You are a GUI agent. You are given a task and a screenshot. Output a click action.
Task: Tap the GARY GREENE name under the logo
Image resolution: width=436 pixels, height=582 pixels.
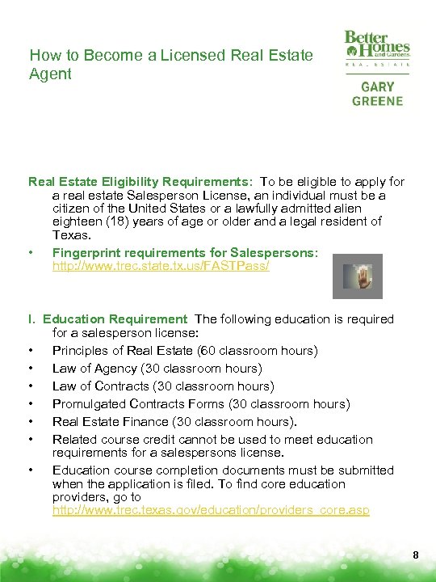pyautogui.click(x=377, y=94)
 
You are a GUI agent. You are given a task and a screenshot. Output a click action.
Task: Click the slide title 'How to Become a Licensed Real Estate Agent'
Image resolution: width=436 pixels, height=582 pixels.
pyautogui.click(x=170, y=65)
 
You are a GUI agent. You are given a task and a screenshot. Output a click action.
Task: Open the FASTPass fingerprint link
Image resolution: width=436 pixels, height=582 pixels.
pyautogui.click(x=161, y=266)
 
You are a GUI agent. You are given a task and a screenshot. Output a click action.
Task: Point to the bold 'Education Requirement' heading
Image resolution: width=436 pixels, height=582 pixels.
pyautogui.click(x=115, y=319)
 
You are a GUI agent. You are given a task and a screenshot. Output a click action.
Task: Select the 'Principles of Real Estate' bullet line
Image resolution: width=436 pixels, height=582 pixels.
pyautogui.click(x=185, y=350)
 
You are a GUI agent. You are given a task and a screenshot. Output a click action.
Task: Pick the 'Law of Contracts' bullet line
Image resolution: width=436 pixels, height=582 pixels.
pyautogui.click(x=163, y=386)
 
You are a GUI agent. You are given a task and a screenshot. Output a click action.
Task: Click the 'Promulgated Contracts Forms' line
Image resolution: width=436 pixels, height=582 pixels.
pyautogui.click(x=201, y=403)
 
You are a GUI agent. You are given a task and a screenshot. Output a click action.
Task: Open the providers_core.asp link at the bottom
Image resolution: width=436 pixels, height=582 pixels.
pyautogui.click(x=211, y=511)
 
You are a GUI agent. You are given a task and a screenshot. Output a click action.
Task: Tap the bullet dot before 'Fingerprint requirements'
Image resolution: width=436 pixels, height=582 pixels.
pyautogui.click(x=31, y=253)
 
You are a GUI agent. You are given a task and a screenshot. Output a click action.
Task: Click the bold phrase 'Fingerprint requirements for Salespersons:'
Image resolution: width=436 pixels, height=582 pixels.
pyautogui.click(x=185, y=253)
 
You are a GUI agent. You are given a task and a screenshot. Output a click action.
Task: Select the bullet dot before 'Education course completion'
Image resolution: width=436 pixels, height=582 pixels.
pyautogui.click(x=31, y=470)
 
